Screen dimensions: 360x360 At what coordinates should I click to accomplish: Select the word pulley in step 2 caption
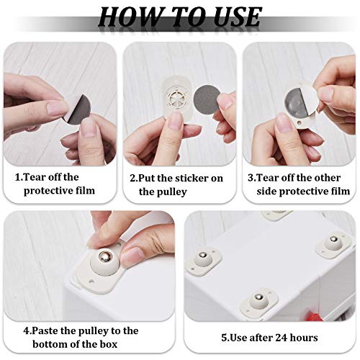173,192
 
